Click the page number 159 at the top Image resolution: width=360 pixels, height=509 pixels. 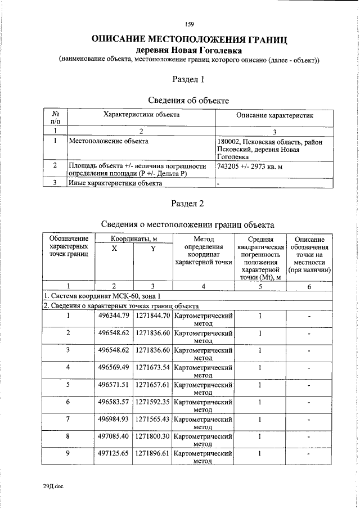click(x=189, y=24)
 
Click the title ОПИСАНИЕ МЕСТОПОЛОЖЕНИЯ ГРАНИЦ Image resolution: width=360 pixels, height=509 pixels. click(x=190, y=40)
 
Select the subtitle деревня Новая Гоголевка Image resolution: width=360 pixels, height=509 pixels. click(x=190, y=51)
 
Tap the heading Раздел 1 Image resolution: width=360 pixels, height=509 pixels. click(x=188, y=79)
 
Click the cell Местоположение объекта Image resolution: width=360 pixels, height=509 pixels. click(x=109, y=141)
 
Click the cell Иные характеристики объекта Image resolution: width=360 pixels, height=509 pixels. click(x=111, y=182)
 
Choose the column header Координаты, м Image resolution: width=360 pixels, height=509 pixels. click(x=133, y=239)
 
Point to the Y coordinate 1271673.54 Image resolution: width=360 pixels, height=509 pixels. click(x=152, y=367)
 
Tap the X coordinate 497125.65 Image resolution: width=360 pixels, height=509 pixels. click(x=114, y=454)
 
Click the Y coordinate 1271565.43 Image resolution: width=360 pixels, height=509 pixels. click(x=152, y=419)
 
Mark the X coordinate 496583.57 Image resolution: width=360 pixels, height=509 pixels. click(x=114, y=402)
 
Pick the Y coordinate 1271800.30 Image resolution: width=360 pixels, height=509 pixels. click(x=152, y=436)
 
